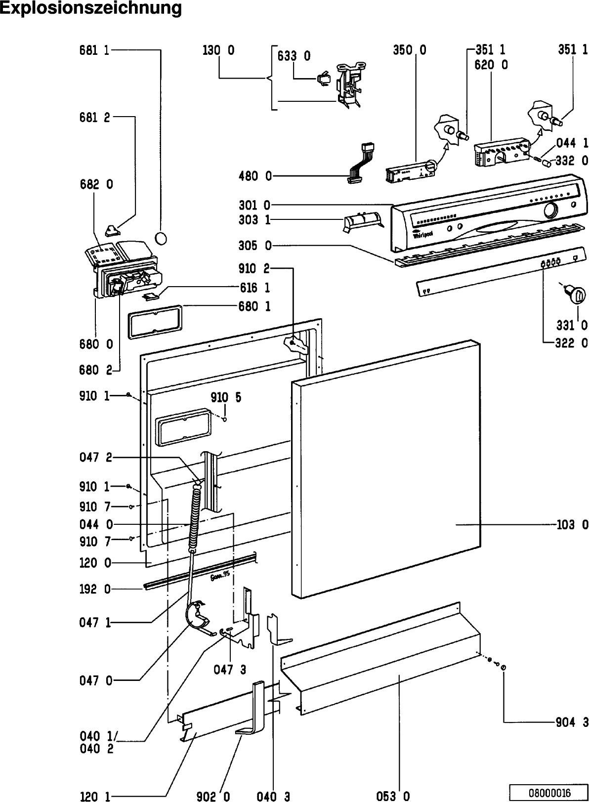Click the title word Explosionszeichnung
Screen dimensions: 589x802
90,8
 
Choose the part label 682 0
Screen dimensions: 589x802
96,184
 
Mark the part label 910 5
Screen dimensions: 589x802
226,397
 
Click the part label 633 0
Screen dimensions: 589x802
294,55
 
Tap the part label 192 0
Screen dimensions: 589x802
95,589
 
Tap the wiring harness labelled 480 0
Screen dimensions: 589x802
360,163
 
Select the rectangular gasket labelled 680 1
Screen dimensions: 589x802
155,321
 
